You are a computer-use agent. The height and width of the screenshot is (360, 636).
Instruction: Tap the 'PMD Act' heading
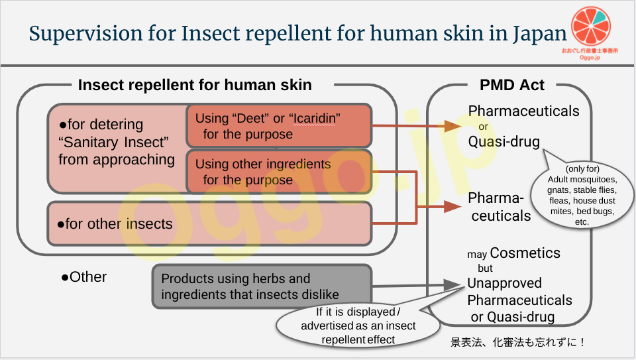[512, 85]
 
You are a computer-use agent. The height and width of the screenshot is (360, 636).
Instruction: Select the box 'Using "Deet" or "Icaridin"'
[278, 125]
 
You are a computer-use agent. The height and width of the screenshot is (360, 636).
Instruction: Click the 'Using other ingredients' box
[278, 171]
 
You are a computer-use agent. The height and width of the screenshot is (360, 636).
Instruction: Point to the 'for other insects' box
[209, 223]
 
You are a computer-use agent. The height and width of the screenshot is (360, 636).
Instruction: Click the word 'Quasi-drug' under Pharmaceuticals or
[504, 141]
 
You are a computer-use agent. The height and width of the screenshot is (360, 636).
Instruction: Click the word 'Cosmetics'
[525, 253]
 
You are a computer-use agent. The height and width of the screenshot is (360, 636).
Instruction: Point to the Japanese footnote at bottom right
[519, 343]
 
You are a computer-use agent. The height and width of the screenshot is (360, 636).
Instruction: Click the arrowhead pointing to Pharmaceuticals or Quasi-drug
[452, 125]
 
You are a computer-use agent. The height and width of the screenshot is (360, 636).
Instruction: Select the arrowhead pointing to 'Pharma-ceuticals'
[452, 207]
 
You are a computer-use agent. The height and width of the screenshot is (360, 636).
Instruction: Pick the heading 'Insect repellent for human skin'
[195, 85]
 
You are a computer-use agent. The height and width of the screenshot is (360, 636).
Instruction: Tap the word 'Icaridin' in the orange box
[315, 118]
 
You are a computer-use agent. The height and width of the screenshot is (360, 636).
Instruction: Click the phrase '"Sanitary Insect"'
[114, 142]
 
